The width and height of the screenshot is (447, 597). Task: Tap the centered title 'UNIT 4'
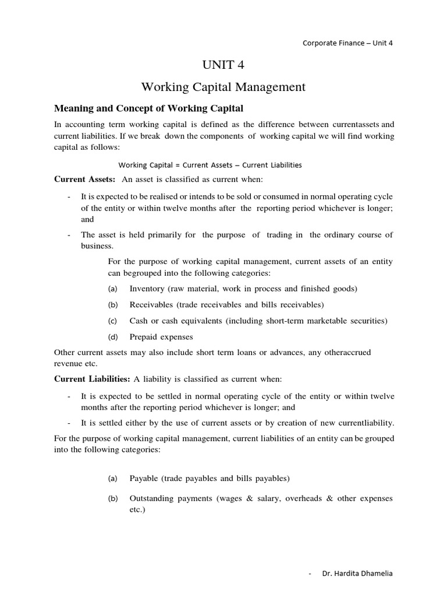coord(223,65)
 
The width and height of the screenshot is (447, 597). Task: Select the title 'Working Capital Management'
coord(223,87)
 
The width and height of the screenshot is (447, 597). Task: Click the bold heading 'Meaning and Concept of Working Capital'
coord(148,108)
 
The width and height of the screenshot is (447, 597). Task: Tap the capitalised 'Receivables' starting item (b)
coord(150,304)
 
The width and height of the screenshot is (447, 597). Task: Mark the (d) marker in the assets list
coord(113,336)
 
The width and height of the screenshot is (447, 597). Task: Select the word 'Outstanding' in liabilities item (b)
coord(152,498)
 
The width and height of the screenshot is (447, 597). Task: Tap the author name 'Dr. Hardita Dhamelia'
coord(357,574)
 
